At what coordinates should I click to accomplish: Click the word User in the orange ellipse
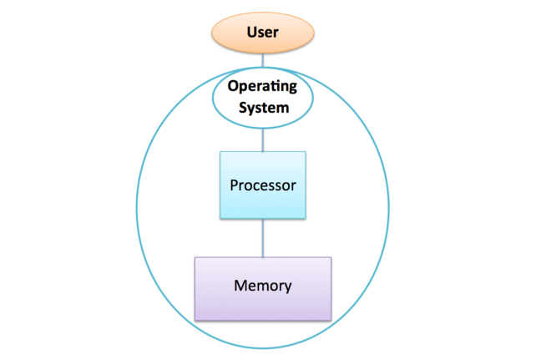263,33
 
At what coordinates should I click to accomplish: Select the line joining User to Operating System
263,60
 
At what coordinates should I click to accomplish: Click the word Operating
263,88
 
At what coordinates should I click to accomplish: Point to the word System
263,107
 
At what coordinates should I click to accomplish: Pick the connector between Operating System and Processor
263,139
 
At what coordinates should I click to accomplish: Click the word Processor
263,185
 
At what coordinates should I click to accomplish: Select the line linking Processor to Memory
263,238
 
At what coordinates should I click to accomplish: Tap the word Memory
263,286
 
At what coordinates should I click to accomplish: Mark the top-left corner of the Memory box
195,258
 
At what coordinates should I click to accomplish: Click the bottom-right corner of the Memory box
331,320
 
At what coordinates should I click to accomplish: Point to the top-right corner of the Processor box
306,152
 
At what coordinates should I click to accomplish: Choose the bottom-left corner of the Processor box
220,219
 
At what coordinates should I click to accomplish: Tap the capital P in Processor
234,185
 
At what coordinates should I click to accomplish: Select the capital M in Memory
240,286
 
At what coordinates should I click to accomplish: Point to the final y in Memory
288,287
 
